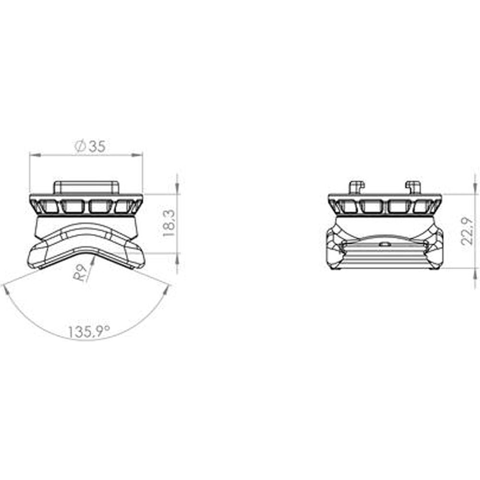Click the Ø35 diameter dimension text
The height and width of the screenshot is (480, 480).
click(x=90, y=147)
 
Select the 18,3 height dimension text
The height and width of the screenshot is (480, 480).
click(x=168, y=224)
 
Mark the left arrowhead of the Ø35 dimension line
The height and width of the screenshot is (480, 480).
click(x=33, y=155)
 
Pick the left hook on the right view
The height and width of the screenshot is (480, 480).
click(x=356, y=186)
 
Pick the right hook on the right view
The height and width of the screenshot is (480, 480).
click(x=413, y=186)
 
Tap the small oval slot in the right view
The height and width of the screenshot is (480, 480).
click(x=384, y=243)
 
